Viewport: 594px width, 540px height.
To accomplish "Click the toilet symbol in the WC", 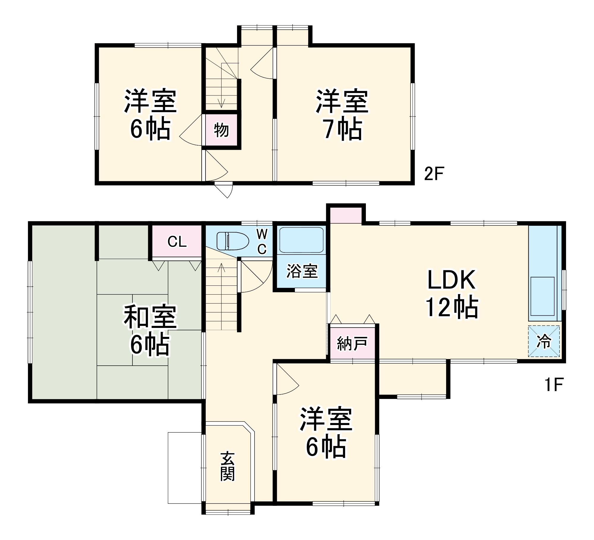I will pos(233,241).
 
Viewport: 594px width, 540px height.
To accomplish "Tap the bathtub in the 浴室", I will pos(301,240).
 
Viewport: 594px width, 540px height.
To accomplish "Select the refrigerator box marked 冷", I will pos(544,341).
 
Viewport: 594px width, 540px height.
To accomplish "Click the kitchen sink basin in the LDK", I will pos(542,296).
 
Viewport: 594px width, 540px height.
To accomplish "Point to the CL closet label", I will pos(177,242).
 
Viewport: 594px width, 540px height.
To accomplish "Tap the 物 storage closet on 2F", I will pos(221,130).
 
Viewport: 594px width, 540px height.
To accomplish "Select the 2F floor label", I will pos(434,174).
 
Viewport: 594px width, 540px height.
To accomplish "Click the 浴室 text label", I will pos(302,271).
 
